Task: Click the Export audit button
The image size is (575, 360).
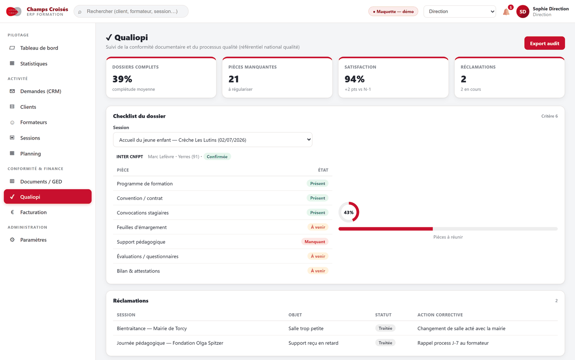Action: [x=544, y=43]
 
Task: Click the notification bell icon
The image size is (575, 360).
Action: [x=506, y=12]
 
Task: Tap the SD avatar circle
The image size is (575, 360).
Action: [x=522, y=11]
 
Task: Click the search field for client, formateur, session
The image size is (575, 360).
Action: [x=131, y=11]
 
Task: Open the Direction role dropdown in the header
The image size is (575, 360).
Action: [x=460, y=11]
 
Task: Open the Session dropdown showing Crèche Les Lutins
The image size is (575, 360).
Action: [x=213, y=140]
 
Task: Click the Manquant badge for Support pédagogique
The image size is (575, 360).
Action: [x=315, y=242]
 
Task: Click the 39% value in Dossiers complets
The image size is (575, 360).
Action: [x=122, y=79]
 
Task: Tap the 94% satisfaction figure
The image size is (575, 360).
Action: [x=354, y=79]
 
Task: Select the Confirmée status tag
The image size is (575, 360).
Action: [x=217, y=156]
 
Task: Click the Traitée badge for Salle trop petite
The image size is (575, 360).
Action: [x=385, y=328]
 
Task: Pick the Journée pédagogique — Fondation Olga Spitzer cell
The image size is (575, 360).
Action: [x=170, y=343]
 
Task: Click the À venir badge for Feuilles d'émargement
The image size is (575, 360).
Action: [x=318, y=227]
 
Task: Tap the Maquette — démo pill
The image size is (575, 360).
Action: [x=393, y=11]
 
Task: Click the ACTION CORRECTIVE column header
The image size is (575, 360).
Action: [x=440, y=315]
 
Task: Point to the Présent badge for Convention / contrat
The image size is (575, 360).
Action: [x=317, y=198]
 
